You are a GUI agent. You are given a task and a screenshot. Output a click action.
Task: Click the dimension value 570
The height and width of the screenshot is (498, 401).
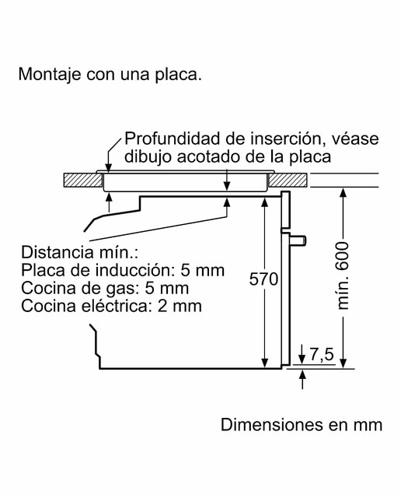pos(263,279)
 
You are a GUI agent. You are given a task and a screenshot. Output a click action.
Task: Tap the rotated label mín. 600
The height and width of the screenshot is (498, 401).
pos(343,275)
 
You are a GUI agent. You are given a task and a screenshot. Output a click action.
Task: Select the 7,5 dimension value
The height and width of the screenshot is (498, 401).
pos(322,354)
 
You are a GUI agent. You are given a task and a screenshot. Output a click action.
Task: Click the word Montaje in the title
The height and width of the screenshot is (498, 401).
pos(49,75)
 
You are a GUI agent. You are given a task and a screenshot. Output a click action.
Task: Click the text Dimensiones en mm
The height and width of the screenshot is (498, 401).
pos(302,425)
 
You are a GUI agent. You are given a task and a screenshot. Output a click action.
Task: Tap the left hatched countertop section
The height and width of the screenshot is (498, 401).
pos(83,180)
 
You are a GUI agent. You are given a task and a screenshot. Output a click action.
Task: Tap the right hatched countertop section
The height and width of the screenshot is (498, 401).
pos(288,180)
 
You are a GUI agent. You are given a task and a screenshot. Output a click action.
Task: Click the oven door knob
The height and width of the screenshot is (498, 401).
pos(298,240)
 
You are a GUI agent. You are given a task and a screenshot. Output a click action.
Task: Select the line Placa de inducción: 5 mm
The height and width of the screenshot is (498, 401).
pos(123,270)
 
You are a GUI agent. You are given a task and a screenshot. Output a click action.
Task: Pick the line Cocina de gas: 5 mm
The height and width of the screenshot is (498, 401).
pos(105,288)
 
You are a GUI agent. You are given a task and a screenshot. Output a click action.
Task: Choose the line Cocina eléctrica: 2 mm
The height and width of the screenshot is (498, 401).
pos(111,306)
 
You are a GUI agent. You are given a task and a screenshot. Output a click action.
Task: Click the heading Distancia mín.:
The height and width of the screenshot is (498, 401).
pos(79,252)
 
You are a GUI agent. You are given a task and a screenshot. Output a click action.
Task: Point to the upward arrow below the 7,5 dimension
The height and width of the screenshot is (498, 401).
pos(302,379)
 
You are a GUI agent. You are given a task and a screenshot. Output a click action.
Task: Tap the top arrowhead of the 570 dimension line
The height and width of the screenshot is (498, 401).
pos(264,202)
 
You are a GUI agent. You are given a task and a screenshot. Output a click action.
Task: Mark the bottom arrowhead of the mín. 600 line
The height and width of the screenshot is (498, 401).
pos(343,363)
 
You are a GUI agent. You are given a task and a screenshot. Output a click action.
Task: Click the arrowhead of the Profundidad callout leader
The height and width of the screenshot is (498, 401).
pos(109,168)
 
